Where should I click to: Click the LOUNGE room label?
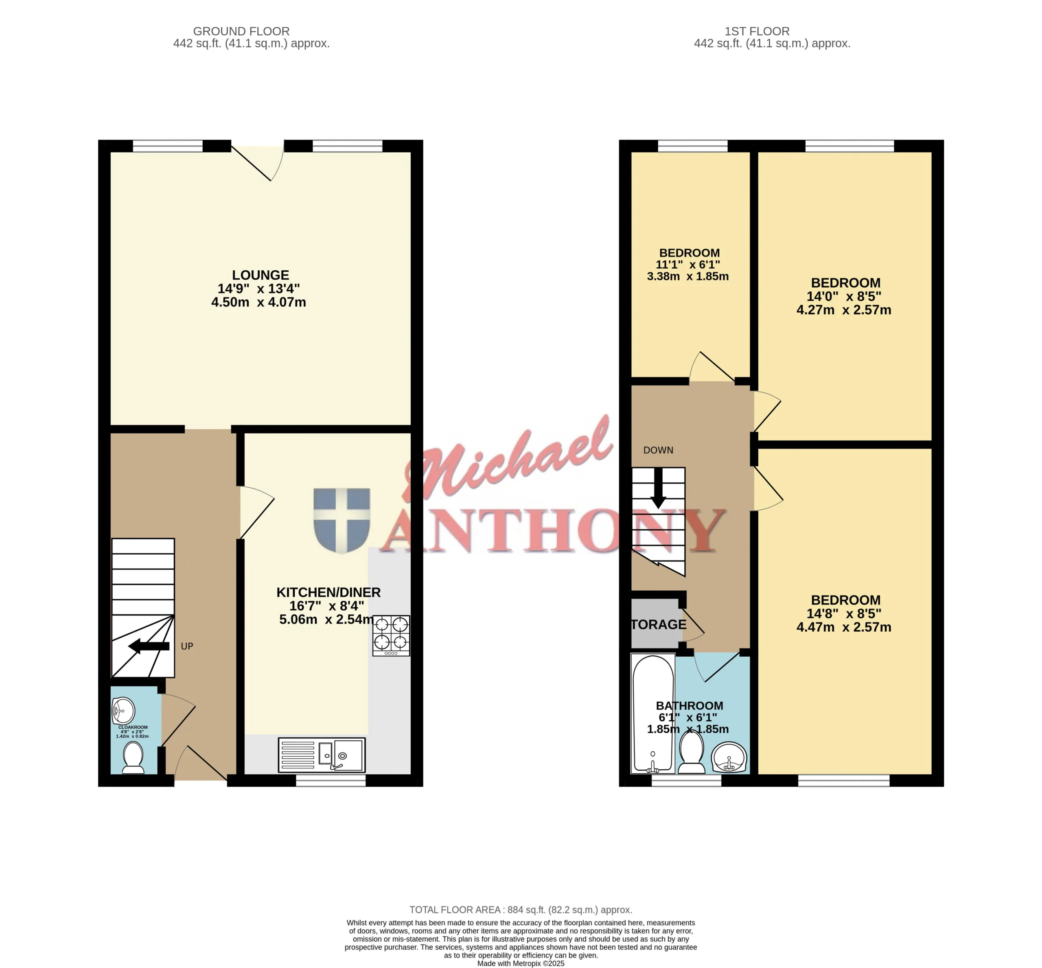point(260,275)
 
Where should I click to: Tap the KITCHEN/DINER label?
point(328,592)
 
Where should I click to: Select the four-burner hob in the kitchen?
point(391,635)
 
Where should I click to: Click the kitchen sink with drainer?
point(322,755)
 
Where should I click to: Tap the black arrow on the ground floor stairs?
point(149,646)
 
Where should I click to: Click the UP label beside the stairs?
point(187,646)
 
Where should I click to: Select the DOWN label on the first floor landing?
point(658,450)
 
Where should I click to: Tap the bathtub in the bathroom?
point(653,714)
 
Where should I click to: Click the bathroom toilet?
point(692,753)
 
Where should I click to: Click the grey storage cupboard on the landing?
point(657,624)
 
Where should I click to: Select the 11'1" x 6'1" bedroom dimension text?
point(688,265)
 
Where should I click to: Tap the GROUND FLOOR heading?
point(241,31)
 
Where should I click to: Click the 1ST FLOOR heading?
point(757,31)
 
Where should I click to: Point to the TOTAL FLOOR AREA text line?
point(521,910)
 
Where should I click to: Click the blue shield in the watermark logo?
point(341,520)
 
